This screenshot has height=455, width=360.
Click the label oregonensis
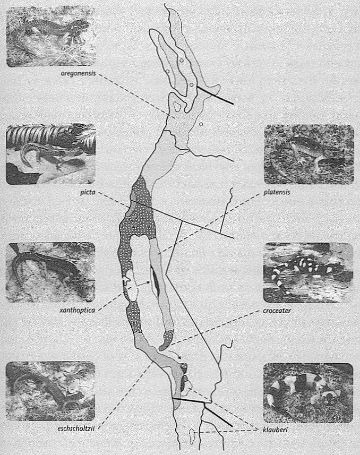(78, 73)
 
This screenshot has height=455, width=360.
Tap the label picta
(88, 192)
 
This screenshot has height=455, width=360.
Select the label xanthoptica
(77, 310)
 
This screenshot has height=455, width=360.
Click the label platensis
(277, 192)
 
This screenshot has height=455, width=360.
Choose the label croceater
(277, 311)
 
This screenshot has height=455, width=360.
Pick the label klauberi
(275, 429)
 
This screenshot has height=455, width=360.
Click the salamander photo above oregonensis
(51, 36)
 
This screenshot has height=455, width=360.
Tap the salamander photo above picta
(50, 154)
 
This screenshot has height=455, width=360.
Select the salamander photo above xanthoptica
(50, 272)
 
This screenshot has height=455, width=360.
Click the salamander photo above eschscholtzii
(50, 391)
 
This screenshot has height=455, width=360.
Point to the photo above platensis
(309, 154)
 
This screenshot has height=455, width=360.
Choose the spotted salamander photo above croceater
(308, 272)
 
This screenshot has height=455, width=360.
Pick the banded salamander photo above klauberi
(308, 392)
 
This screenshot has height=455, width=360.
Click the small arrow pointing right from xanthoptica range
(143, 284)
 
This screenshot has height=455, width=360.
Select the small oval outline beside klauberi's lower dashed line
(192, 436)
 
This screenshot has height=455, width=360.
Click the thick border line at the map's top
(215, 95)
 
